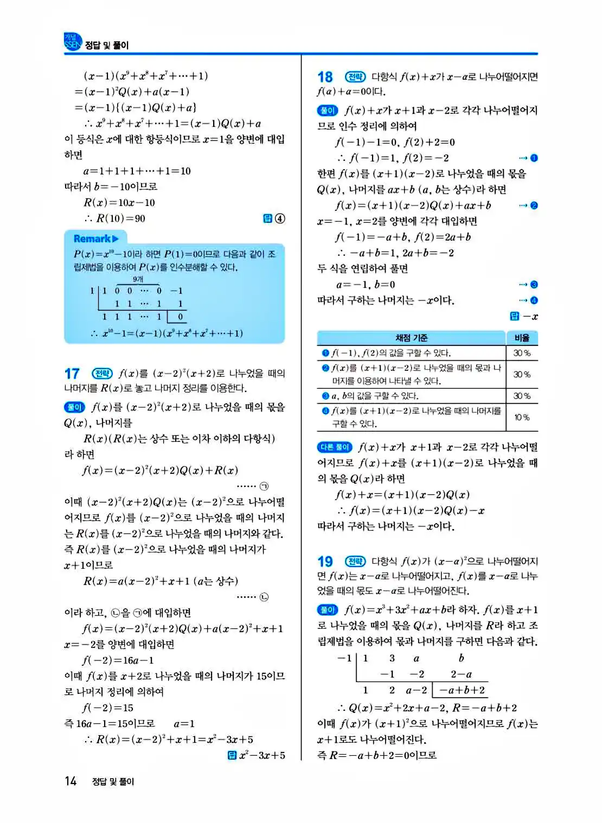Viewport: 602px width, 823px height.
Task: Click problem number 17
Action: pos(72,374)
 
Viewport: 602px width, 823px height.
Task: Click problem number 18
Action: pos(325,77)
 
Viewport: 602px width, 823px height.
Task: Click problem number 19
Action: pos(325,562)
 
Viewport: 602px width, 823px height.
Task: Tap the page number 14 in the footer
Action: pos(71,781)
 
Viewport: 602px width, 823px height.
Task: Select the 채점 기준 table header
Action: pos(411,338)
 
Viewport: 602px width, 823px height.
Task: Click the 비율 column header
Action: pos(522,338)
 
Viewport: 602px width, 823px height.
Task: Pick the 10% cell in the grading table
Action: pos(522,417)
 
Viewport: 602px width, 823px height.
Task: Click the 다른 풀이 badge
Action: pos(335,447)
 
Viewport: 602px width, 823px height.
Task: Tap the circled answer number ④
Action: pos(280,218)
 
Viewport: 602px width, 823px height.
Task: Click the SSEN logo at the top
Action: pos(73,42)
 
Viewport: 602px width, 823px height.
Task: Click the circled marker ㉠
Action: pos(264,486)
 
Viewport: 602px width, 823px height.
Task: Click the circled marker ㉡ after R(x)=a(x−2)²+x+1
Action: pos(264,597)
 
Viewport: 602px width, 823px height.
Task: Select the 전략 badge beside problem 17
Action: pos(102,374)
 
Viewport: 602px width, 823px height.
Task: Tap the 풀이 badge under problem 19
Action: pos(328,610)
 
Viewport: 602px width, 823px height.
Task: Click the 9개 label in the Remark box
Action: pos(138,279)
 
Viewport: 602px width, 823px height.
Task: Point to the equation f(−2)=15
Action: pos(108,708)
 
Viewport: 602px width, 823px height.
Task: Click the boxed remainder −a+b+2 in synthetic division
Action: pos(462,690)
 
